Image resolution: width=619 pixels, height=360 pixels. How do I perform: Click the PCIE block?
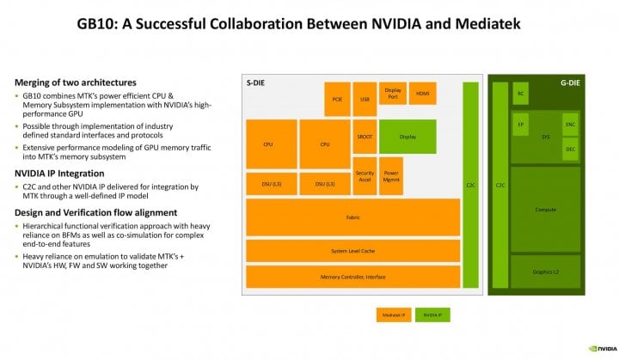click(x=337, y=99)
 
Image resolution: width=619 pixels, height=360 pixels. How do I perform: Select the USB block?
click(x=365, y=99)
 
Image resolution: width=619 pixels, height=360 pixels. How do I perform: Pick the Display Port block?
click(x=392, y=93)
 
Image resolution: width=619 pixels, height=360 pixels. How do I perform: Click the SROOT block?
click(x=365, y=137)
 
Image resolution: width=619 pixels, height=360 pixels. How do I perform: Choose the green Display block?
click(x=408, y=137)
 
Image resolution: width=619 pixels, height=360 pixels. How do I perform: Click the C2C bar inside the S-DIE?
click(x=470, y=185)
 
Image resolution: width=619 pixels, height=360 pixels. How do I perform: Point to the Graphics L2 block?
click(x=545, y=272)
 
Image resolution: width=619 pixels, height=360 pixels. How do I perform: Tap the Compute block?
click(x=545, y=209)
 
